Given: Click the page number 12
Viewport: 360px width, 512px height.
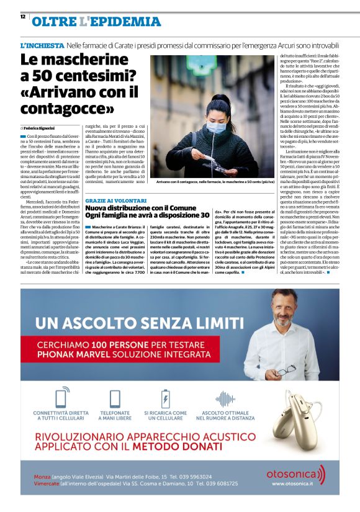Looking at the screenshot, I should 22,17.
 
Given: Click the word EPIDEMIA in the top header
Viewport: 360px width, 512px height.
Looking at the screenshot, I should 127,22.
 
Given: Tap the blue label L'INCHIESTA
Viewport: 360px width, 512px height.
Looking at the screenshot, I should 42,46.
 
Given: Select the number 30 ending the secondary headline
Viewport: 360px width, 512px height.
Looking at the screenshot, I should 200,215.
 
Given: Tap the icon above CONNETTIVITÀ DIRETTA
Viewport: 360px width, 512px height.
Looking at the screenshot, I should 61,380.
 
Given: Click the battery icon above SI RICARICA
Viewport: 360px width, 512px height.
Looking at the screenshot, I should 165,380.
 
